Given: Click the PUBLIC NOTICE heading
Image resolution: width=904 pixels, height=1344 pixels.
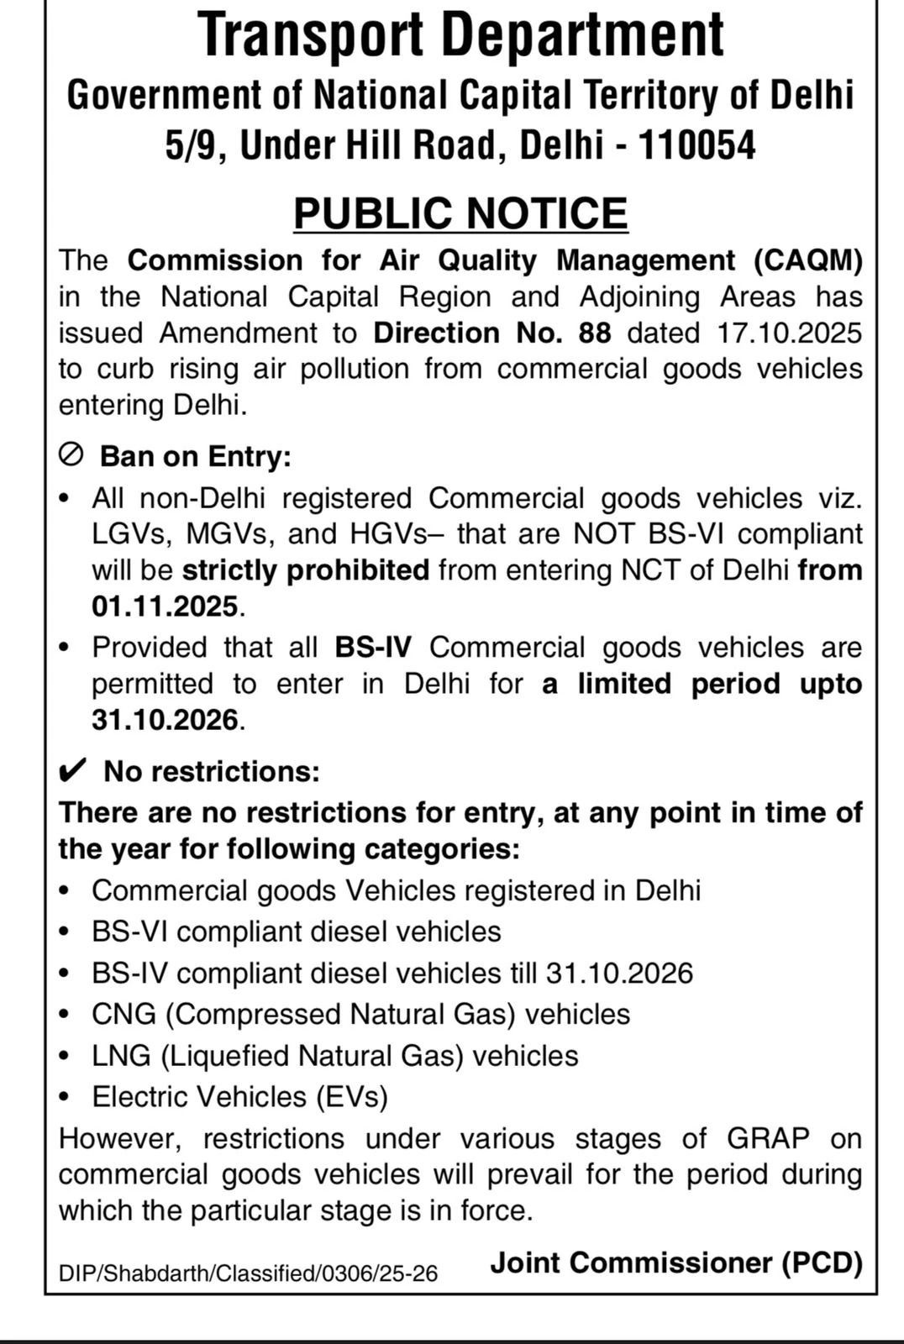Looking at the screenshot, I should pyautogui.click(x=460, y=213).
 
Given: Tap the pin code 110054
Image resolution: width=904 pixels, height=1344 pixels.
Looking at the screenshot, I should pyautogui.click(x=697, y=145).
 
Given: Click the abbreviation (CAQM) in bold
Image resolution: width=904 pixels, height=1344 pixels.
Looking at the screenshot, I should pyautogui.click(x=808, y=260).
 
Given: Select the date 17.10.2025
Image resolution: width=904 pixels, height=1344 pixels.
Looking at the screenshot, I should pyautogui.click(x=790, y=333).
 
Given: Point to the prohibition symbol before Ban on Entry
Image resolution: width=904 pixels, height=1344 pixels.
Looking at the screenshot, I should pyautogui.click(x=71, y=455).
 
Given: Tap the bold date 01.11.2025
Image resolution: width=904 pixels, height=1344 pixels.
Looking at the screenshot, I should pyautogui.click(x=166, y=606).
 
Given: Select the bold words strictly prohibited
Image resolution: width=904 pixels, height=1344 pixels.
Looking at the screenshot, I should pyautogui.click(x=306, y=570).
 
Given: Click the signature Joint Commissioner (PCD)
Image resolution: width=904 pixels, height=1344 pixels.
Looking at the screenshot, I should pyautogui.click(x=676, y=1263).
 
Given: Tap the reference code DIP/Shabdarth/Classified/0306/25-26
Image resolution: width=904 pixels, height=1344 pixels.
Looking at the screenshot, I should pyautogui.click(x=248, y=1273).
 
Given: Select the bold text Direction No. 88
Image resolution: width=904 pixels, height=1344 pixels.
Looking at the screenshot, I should pyautogui.click(x=492, y=333).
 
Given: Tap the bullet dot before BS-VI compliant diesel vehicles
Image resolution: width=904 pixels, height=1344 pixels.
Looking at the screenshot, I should pyautogui.click(x=65, y=932).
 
